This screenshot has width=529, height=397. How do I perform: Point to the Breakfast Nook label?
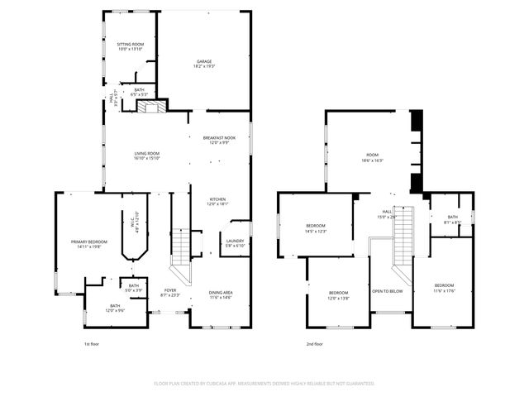coord(220,140)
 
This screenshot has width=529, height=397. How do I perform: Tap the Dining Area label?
coord(219,294)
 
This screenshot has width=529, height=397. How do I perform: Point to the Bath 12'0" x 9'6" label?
coord(114,309)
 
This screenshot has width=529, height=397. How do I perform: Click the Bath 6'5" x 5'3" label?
coord(139,92)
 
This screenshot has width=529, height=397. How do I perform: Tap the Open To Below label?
coord(387,291)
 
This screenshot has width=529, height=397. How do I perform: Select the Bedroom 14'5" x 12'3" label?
coord(317,228)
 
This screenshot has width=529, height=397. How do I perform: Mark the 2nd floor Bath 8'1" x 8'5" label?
coord(452,219)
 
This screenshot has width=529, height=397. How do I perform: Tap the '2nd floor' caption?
coord(314,344)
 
